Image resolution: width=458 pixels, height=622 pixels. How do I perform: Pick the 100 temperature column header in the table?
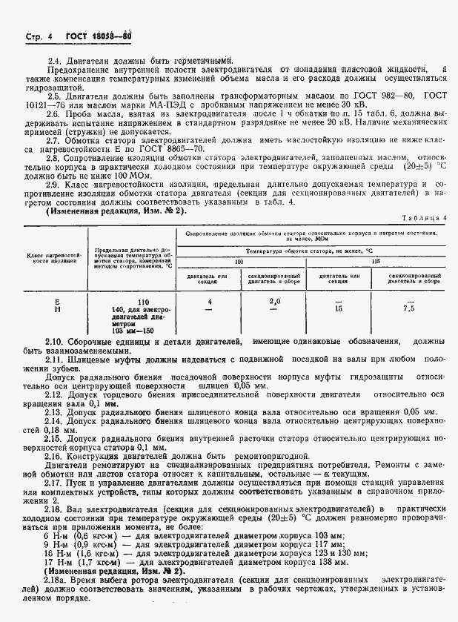tap(239, 262)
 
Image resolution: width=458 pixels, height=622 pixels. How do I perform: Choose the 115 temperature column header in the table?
tap(376, 262)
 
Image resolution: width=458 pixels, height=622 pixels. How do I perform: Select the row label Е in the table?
tap(57, 302)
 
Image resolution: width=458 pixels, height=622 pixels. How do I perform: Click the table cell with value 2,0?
tap(274, 302)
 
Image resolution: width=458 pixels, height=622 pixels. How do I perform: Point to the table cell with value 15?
tap(339, 308)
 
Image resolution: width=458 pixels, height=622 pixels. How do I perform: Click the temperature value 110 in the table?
tap(143, 302)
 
